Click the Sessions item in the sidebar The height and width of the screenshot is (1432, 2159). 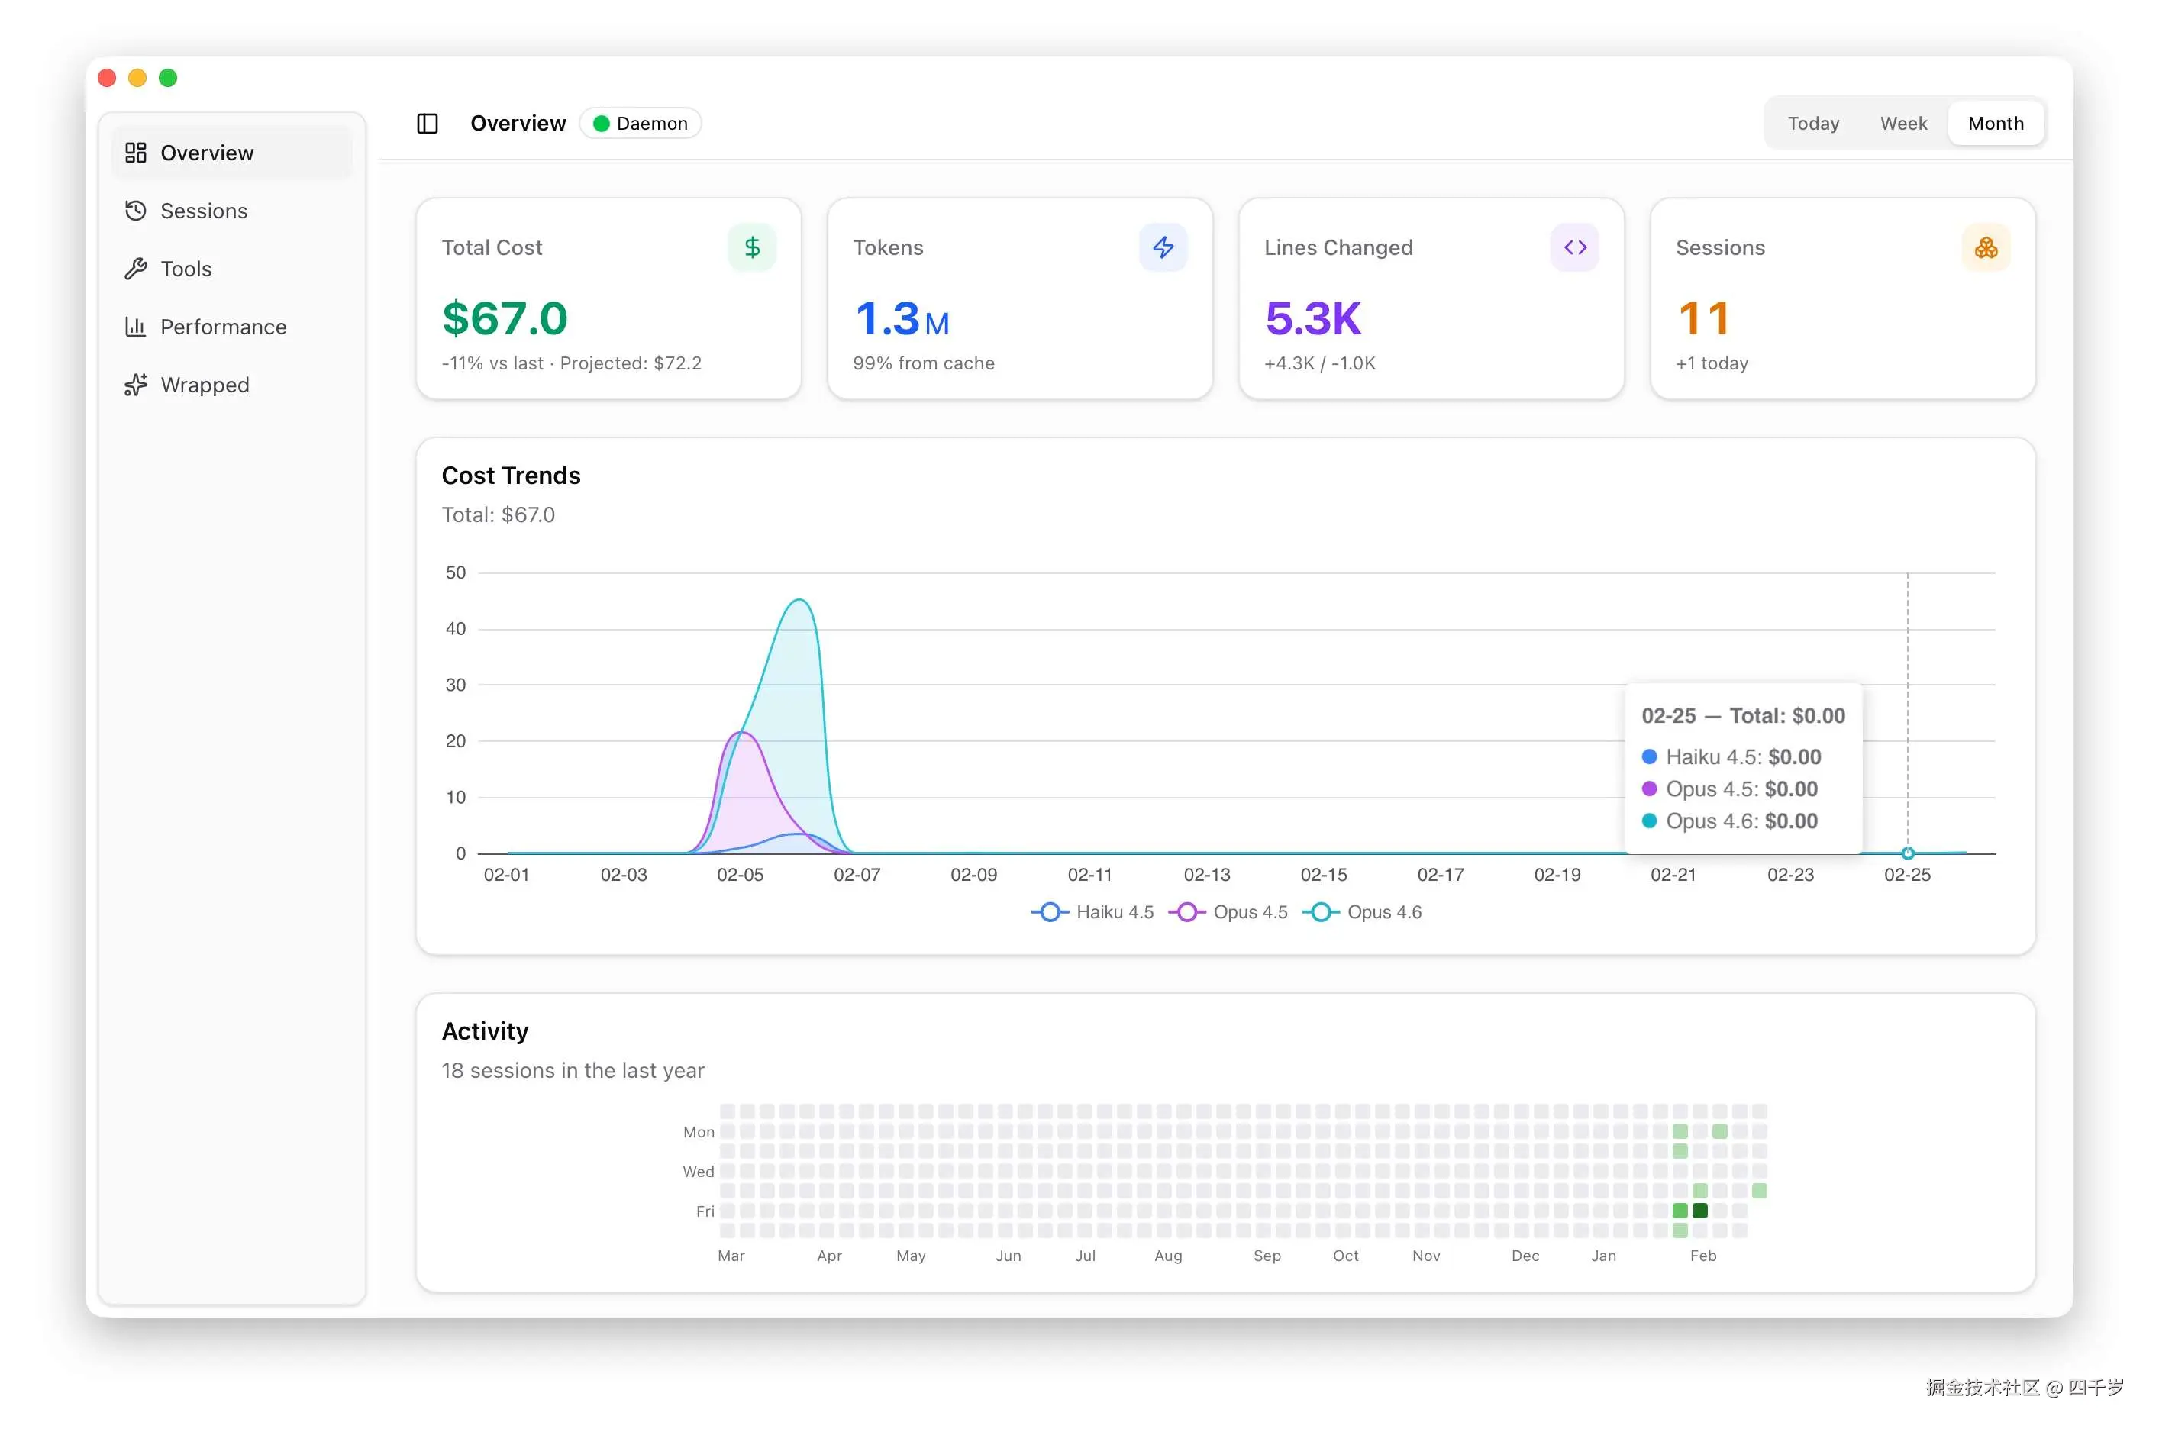203,211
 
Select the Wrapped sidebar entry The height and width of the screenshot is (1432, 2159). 204,385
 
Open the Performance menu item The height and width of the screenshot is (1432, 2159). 223,327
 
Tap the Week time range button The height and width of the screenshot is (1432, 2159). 1902,124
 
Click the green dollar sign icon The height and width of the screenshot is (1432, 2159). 752,247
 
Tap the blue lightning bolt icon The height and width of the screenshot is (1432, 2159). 1163,247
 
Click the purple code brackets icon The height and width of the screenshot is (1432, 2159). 1574,247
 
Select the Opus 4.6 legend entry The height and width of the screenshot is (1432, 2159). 1364,911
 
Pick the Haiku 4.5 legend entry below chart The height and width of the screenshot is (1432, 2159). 1094,911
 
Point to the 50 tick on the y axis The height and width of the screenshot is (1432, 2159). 455,572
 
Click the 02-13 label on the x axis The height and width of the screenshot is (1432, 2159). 1206,875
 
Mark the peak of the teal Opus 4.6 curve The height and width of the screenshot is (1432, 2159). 799,600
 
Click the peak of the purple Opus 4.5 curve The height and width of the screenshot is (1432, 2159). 743,733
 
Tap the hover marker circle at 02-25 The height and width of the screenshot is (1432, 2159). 1907,853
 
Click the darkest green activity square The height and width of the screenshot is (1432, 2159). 1699,1210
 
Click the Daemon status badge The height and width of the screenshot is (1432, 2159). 641,124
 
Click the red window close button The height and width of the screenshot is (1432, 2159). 107,78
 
